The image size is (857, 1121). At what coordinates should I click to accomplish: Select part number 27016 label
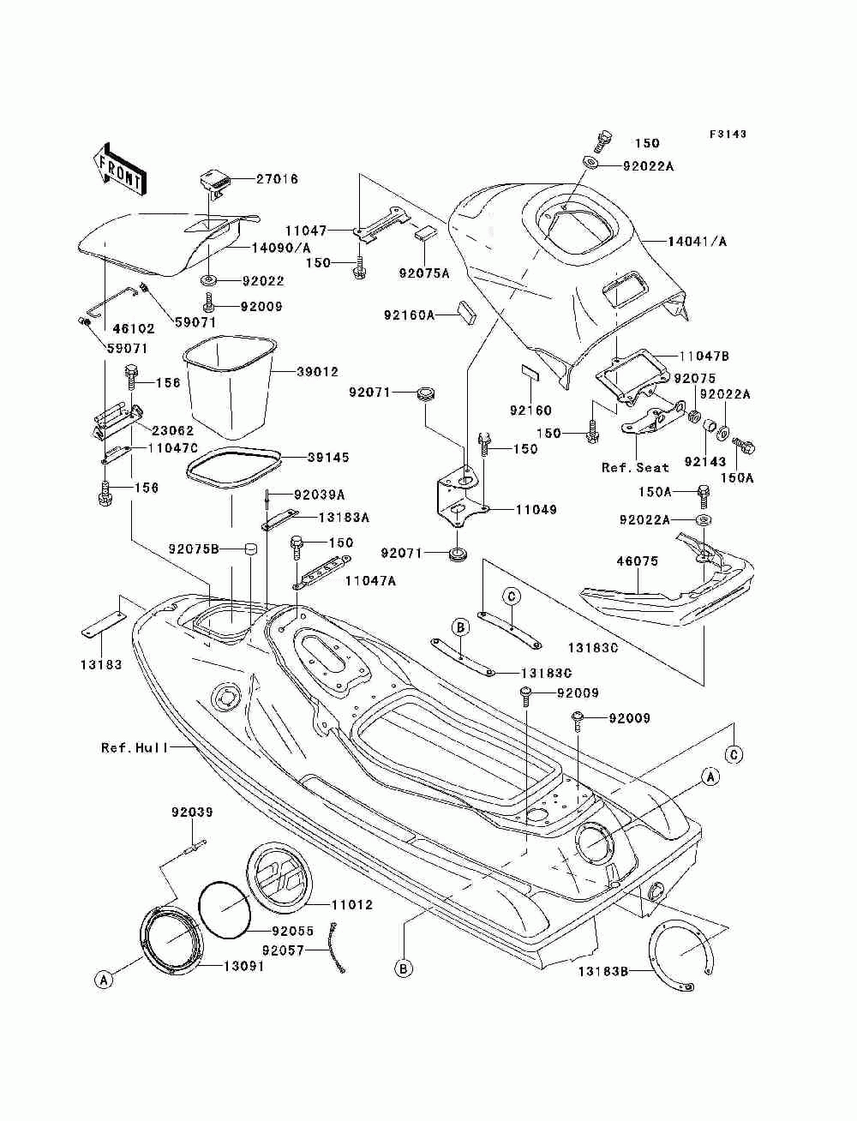[277, 179]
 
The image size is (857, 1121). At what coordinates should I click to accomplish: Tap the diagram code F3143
[728, 134]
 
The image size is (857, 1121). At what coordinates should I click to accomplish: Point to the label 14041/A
[697, 242]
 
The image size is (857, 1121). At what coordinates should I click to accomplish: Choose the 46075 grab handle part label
[638, 561]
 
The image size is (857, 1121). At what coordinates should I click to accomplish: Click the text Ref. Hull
[135, 748]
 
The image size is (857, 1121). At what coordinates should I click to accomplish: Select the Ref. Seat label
[635, 467]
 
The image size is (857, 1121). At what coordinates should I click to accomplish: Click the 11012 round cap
[279, 878]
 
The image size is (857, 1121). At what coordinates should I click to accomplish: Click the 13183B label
[602, 971]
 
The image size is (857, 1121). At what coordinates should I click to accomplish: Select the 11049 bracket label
[536, 509]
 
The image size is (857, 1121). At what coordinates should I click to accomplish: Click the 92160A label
[409, 315]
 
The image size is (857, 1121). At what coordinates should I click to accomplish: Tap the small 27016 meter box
[214, 185]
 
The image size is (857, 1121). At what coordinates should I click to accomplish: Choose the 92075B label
[194, 549]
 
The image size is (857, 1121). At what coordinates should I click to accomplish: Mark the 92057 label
[283, 950]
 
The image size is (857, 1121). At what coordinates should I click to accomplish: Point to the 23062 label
[172, 430]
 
